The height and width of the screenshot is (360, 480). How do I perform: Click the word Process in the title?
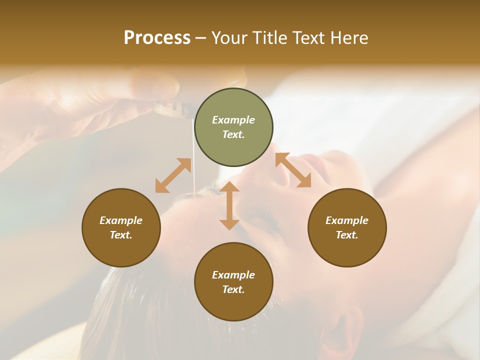[157, 38]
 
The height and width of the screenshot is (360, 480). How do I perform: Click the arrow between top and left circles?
[173, 175]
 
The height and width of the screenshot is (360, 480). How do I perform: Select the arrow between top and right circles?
[293, 170]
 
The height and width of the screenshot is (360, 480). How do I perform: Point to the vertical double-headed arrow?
[229, 205]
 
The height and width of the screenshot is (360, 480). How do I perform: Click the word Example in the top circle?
[233, 120]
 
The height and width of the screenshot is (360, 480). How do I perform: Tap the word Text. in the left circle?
[121, 235]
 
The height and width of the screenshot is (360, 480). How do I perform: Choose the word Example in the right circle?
[346, 220]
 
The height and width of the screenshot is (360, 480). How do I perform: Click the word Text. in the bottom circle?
[233, 289]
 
